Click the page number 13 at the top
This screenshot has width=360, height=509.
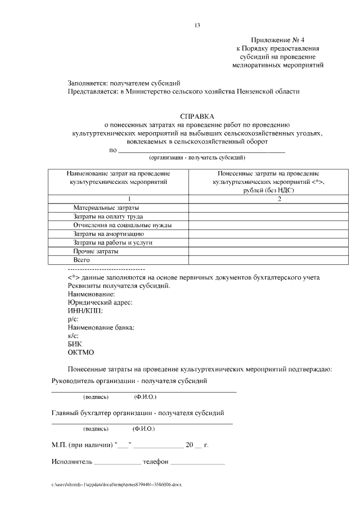pos(197,25)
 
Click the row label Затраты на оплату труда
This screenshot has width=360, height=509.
pos(108,216)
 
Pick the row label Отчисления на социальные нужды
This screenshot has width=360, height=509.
pos(122,225)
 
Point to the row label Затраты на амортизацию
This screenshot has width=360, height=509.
pos(109,233)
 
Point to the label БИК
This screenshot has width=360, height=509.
pos(74,344)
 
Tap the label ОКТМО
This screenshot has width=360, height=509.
pos(80,352)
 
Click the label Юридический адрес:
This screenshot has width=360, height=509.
pos(100,303)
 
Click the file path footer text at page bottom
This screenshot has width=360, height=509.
pos(117,484)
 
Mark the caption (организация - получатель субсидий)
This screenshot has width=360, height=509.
pos(197,159)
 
